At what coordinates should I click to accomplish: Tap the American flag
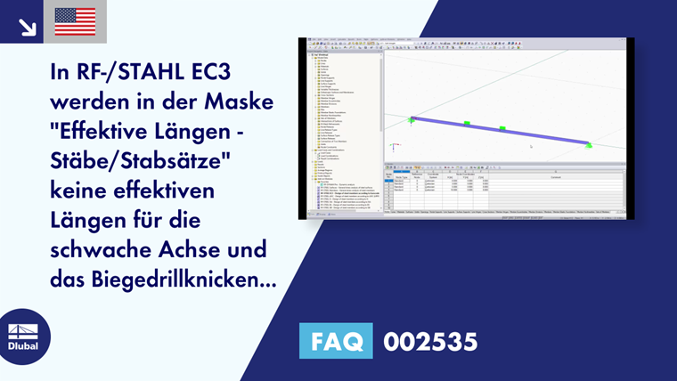click(75, 21)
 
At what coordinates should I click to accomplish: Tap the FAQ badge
click(337, 340)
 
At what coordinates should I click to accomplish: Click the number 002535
click(430, 340)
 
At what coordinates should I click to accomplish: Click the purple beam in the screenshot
click(499, 131)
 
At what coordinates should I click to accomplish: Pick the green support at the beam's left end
click(412, 119)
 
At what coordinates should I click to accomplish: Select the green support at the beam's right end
click(588, 144)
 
